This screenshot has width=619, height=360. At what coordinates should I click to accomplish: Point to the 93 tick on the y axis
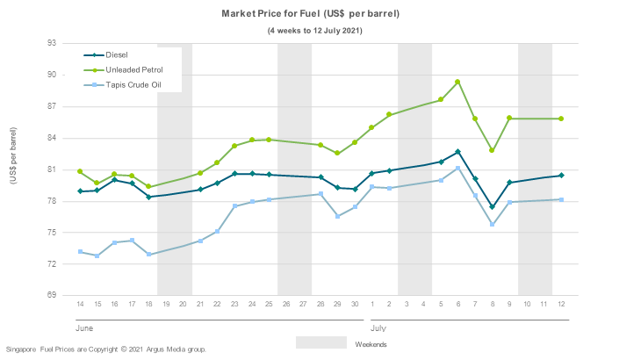click(51, 43)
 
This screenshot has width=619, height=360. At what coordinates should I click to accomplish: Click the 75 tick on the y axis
click(51, 233)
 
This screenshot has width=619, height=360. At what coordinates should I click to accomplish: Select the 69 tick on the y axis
click(51, 296)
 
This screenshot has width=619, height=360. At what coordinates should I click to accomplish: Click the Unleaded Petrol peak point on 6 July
click(457, 82)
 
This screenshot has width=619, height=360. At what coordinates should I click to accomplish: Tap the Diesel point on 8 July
click(493, 207)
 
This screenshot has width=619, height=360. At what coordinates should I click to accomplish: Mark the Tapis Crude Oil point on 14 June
click(80, 252)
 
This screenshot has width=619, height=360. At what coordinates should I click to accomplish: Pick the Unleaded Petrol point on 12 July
click(561, 119)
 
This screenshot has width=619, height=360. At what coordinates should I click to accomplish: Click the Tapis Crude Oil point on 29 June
click(338, 216)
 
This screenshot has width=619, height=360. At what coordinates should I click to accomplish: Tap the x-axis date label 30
click(355, 304)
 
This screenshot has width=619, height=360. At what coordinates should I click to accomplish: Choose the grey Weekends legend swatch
click(320, 342)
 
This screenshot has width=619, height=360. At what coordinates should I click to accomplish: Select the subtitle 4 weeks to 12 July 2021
click(315, 31)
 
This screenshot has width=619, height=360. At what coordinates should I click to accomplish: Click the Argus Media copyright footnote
click(106, 349)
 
